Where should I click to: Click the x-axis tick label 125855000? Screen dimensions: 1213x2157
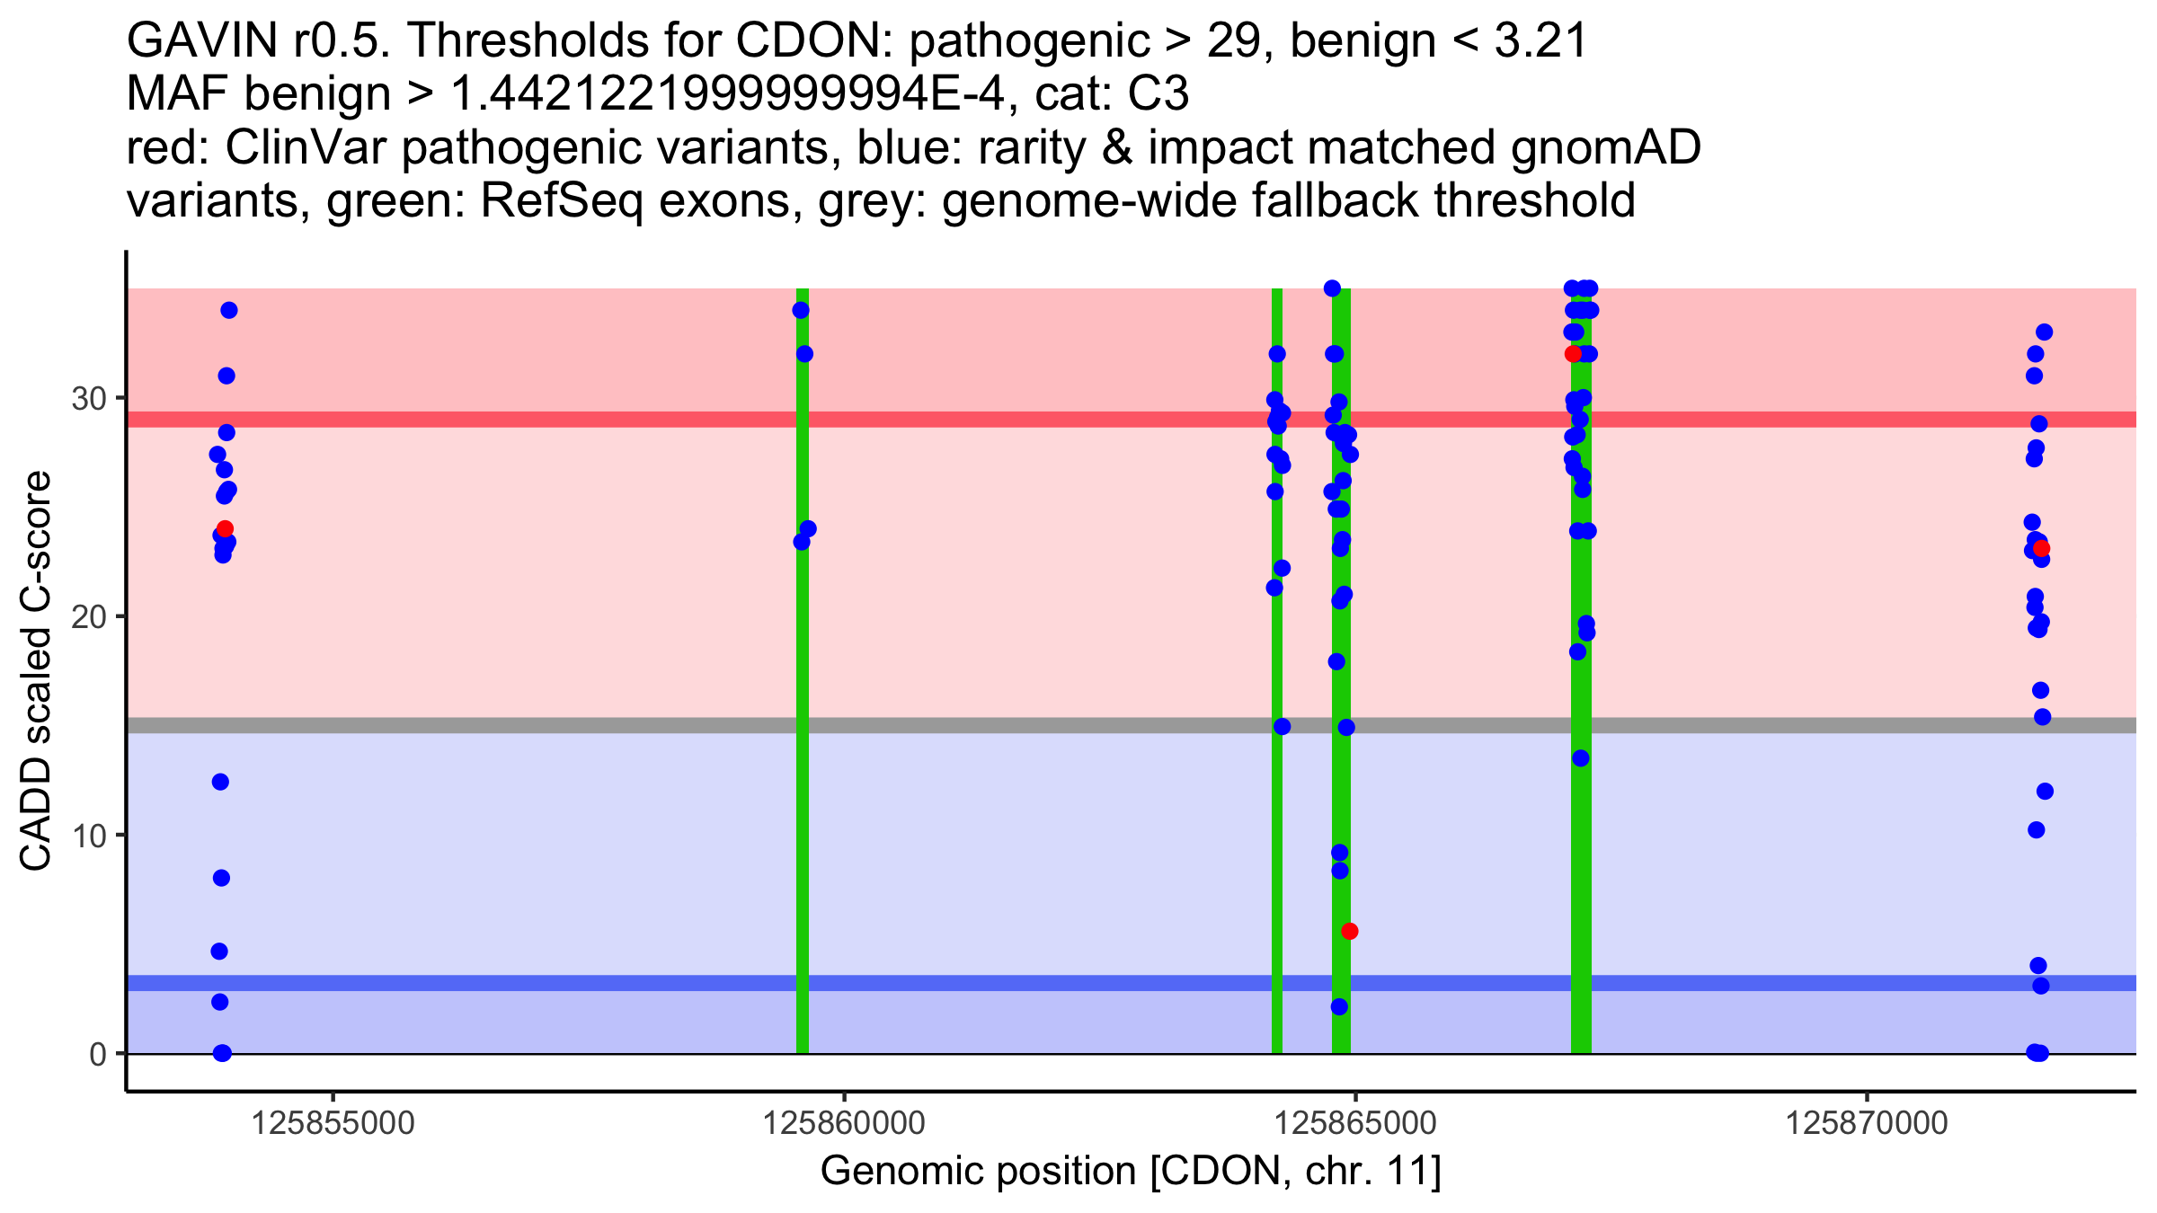tap(333, 1123)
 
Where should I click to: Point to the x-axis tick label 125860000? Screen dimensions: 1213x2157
tap(844, 1123)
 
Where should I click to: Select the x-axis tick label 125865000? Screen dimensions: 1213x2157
tap(1355, 1123)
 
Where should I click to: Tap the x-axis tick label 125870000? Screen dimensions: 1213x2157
tap(1867, 1123)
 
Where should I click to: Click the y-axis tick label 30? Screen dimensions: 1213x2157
tap(89, 398)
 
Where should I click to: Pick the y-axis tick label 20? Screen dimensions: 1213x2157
tap(89, 616)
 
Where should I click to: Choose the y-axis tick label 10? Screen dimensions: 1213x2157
tap(89, 835)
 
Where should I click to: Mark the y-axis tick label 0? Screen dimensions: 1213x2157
tap(98, 1053)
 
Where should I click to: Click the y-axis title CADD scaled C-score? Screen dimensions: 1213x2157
tap(36, 671)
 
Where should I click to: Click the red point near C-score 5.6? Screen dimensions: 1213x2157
tap(1349, 931)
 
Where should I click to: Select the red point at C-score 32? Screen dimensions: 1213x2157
tap(1572, 354)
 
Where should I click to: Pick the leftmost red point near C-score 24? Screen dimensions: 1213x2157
tap(225, 529)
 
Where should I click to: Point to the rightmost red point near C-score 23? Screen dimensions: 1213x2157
tap(2041, 548)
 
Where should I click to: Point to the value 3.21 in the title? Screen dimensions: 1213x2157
tap(1540, 41)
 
